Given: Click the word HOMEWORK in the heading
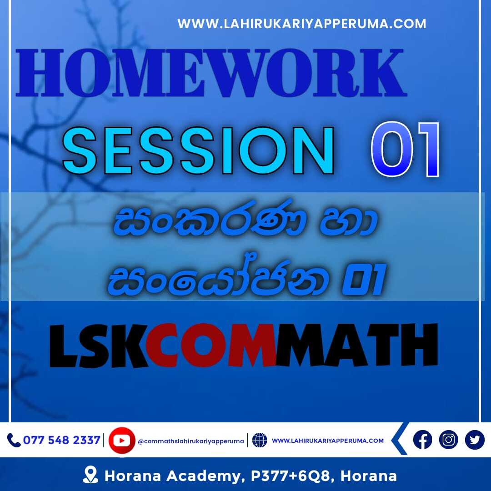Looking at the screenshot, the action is (211, 73).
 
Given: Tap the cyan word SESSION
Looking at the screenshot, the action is (198, 150).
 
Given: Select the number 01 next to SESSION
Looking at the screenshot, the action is (406, 150).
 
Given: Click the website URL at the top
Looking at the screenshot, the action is (301, 24).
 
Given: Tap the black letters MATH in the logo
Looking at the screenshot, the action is (356, 345).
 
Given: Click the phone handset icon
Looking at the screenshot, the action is (14, 440).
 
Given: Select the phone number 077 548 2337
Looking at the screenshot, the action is (62, 440).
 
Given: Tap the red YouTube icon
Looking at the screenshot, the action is (122, 440).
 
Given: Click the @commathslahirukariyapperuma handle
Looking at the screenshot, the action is (190, 441).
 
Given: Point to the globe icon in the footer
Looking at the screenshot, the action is (260, 440).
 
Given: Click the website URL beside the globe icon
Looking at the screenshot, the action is (327, 441).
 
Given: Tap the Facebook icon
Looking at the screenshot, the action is (422, 440).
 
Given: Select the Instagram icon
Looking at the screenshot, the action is (448, 440).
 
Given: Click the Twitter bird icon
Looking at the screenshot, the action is (475, 440).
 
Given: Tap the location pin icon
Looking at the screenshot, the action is (90, 475).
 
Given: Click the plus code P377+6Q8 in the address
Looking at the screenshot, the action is (291, 476).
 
